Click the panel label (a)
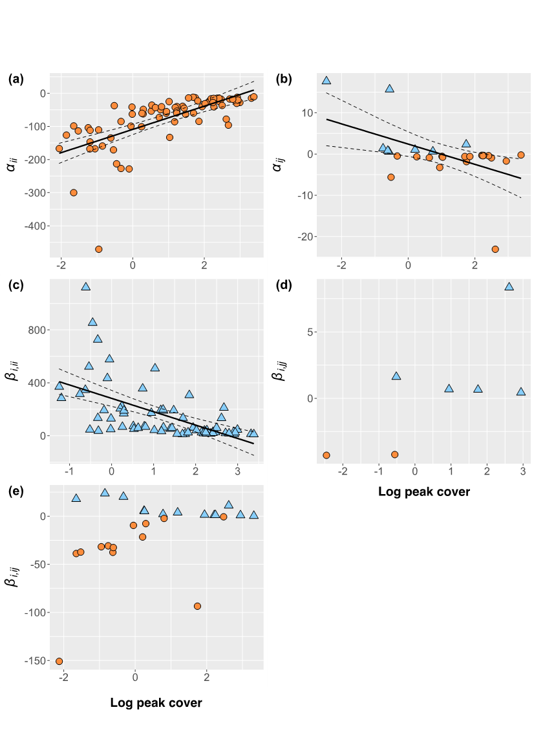click(x=16, y=80)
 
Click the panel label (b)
click(x=284, y=80)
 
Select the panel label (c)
click(x=16, y=286)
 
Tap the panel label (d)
click(x=284, y=286)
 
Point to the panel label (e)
click(x=16, y=491)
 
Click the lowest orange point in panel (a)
click(x=99, y=249)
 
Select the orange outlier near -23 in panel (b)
click(x=495, y=249)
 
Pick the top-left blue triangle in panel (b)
click(x=326, y=80)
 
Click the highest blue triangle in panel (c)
click(x=85, y=286)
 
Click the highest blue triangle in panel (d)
click(x=509, y=286)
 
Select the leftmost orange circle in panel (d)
click(x=326, y=455)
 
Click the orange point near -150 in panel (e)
click(x=59, y=661)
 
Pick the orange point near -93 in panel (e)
click(x=197, y=606)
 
